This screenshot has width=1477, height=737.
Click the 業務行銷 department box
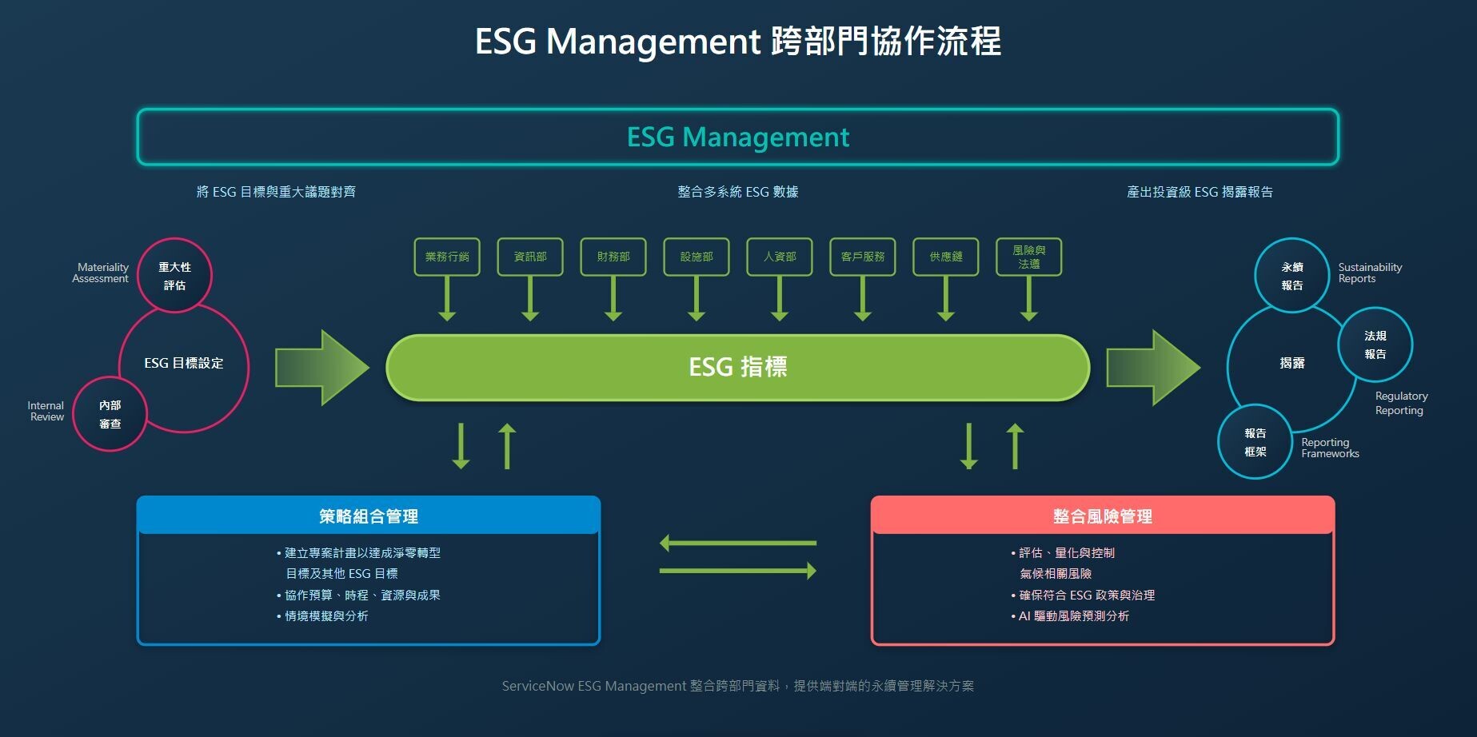click(x=447, y=257)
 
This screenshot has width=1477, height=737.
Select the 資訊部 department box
click(x=530, y=257)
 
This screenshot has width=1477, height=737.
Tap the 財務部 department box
click(x=613, y=257)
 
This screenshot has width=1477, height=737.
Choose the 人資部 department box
click(x=780, y=257)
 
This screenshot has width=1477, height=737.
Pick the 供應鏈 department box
click(x=946, y=257)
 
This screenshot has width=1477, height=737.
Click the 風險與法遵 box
click(x=1029, y=257)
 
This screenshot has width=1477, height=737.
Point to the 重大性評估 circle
click(x=175, y=276)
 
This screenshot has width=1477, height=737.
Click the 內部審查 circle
click(x=110, y=414)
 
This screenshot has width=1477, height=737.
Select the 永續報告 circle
click(x=1292, y=276)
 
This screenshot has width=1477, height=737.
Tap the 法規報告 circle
click(x=1375, y=345)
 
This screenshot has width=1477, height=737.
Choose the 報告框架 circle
click(x=1255, y=442)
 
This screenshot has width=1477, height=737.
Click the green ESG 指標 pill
click(x=737, y=367)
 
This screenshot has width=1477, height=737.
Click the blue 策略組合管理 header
click(x=369, y=516)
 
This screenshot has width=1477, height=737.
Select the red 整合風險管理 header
click(x=1103, y=516)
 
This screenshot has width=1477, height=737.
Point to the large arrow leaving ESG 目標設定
click(x=321, y=368)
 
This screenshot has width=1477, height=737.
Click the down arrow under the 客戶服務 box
click(x=863, y=299)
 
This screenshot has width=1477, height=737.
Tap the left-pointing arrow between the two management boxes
click(x=737, y=544)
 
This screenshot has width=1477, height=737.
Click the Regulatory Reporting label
click(x=1400, y=403)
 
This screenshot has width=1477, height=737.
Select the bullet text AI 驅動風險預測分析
click(x=1074, y=616)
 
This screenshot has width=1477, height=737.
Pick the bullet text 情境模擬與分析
click(x=327, y=616)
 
